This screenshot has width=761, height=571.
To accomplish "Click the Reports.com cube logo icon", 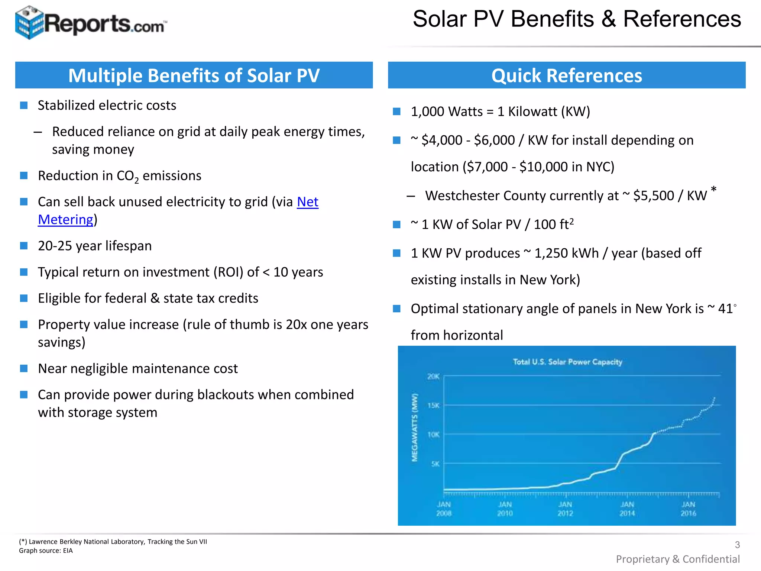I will [29, 22].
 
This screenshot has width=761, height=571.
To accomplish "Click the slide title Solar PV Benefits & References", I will [577, 19].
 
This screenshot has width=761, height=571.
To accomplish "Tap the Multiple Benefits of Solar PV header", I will [194, 75].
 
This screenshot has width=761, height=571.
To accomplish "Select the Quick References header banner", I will [566, 75].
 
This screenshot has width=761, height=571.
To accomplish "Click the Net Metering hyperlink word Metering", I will [66, 220].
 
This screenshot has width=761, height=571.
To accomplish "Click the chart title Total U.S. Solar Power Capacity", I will [567, 362].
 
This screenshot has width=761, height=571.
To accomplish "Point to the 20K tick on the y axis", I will [433, 377].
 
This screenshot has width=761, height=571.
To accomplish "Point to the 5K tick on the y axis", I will [435, 464].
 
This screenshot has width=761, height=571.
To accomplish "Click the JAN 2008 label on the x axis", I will [444, 509].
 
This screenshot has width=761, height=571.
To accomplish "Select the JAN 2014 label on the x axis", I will [627, 509].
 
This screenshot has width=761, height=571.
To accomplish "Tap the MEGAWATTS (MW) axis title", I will [415, 428].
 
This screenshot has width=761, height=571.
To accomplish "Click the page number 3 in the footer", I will [737, 545].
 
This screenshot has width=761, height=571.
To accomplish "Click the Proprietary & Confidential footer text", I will [677, 559].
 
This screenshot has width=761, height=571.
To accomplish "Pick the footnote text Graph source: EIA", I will [46, 551].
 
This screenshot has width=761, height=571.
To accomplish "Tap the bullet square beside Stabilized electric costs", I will [24, 106].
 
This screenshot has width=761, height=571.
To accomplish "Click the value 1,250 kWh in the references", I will [566, 253].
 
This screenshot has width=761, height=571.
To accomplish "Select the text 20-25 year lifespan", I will [95, 246].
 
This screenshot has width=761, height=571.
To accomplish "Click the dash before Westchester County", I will [411, 196].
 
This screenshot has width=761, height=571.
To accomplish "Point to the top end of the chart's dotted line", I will [714, 398].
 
